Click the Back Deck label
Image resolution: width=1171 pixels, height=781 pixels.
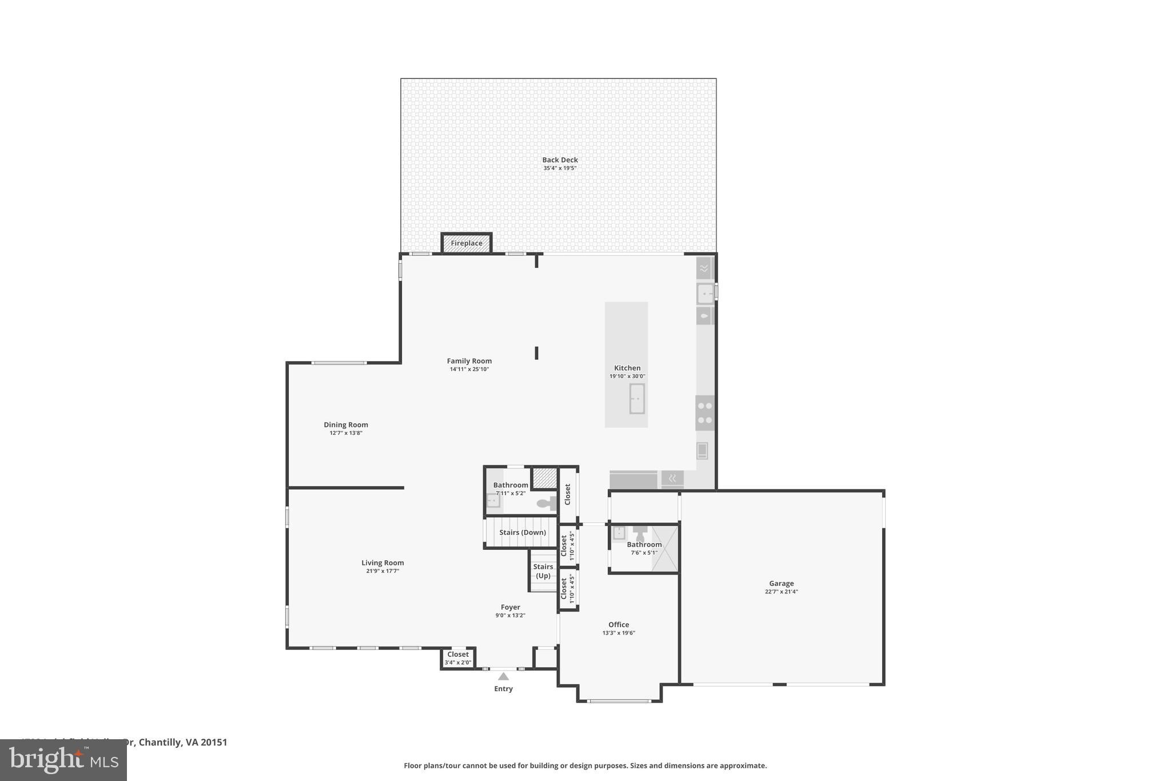click(x=560, y=160)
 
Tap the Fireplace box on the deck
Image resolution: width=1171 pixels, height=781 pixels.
click(x=466, y=243)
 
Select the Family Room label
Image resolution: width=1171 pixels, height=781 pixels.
click(x=469, y=361)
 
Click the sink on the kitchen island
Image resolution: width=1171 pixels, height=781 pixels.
click(x=636, y=398)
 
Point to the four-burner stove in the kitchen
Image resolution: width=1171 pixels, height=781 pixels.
click(x=705, y=413)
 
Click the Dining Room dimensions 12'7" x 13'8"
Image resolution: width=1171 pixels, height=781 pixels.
click(x=345, y=433)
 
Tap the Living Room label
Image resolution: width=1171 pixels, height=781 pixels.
click(x=383, y=562)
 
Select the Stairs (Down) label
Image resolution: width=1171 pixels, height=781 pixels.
click(x=522, y=532)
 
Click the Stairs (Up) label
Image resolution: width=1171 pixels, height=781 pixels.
click(x=543, y=571)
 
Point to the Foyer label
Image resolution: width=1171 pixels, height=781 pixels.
click(x=510, y=607)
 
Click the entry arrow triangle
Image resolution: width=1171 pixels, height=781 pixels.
click(x=503, y=676)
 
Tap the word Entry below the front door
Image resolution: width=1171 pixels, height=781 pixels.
click(x=503, y=689)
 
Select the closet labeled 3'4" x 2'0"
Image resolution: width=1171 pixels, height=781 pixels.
click(x=457, y=658)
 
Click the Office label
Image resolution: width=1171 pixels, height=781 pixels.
click(x=618, y=625)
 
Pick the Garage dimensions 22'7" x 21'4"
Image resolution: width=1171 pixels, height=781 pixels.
click(x=781, y=592)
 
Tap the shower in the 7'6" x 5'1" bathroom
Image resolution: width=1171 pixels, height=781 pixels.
click(x=665, y=548)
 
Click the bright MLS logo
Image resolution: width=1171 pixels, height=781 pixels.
click(x=63, y=760)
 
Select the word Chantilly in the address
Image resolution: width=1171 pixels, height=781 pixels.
click(x=161, y=742)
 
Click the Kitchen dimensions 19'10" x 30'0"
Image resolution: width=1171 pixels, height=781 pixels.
click(x=627, y=376)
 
